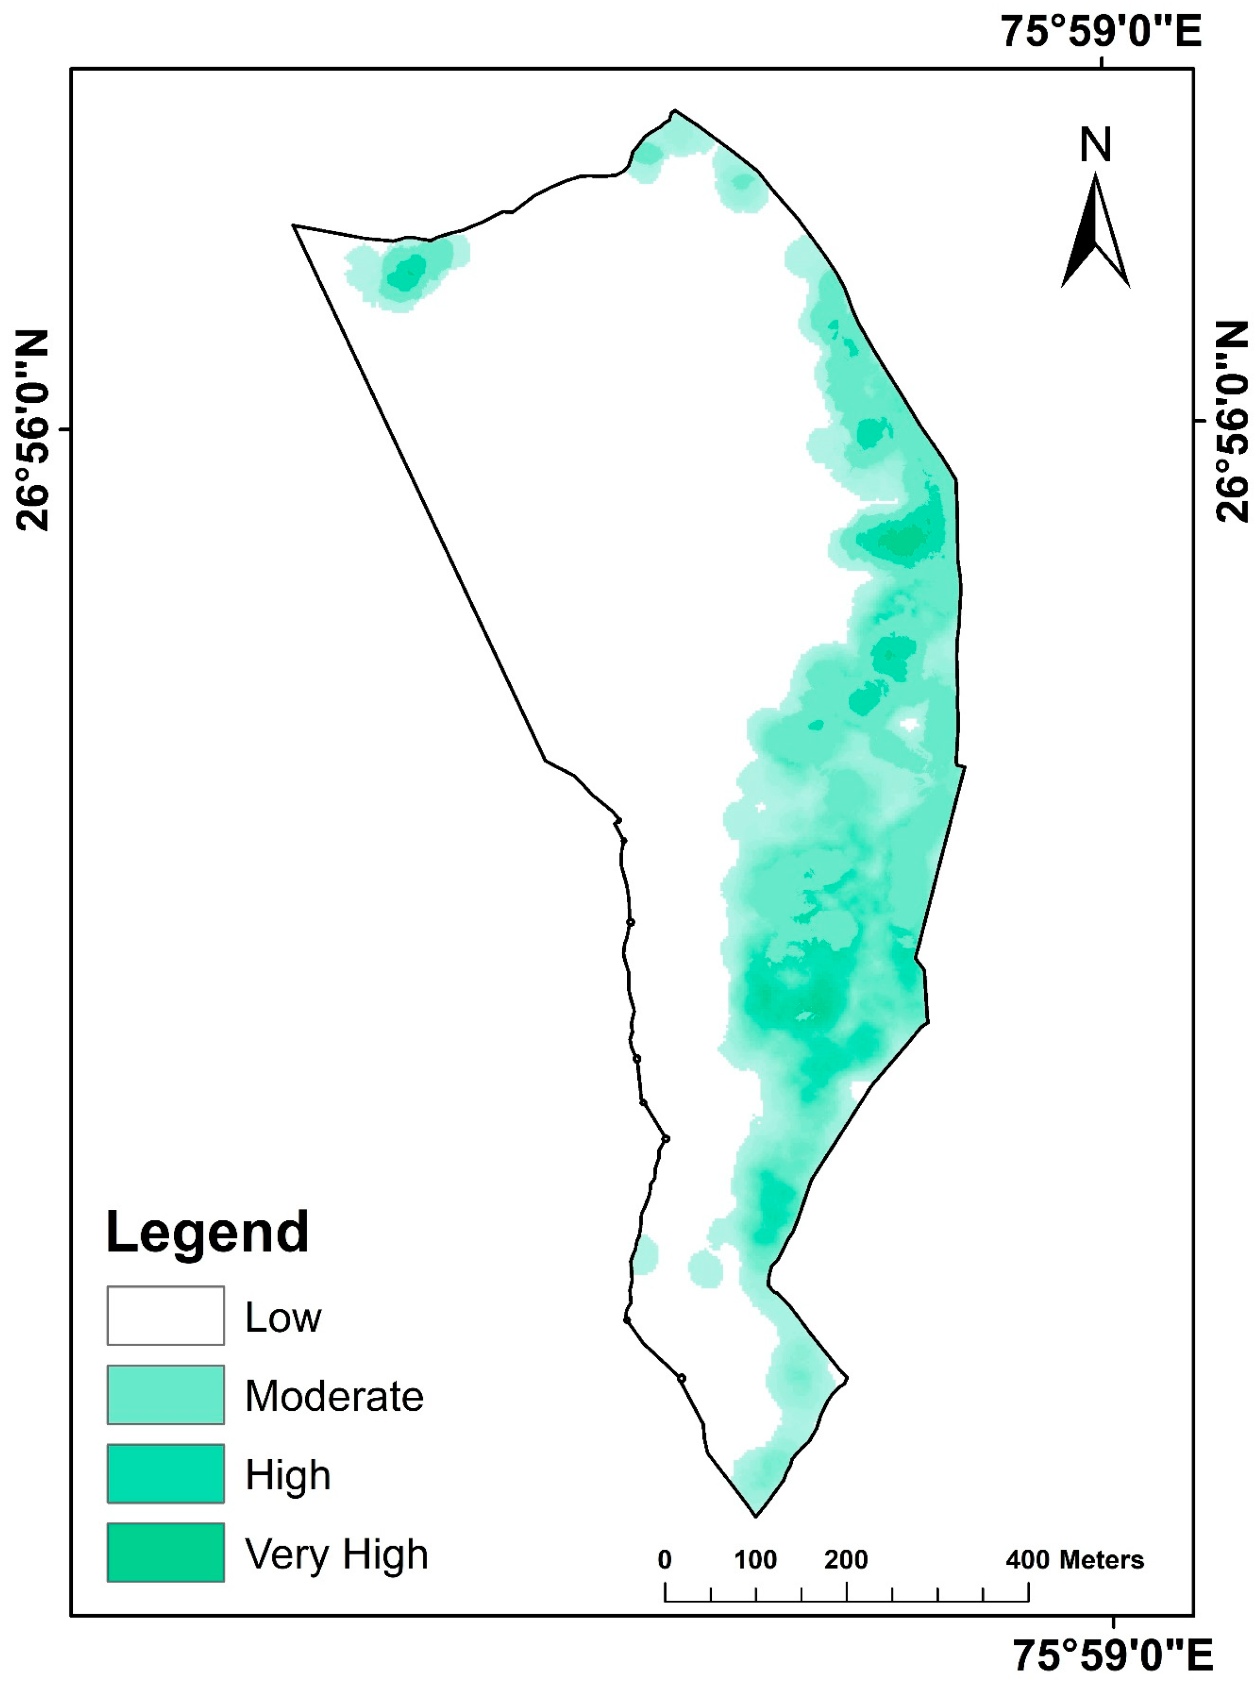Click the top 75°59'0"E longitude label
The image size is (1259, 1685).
(1101, 32)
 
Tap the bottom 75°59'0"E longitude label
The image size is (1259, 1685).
(1112, 1654)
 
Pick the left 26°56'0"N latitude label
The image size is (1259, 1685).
(32, 430)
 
